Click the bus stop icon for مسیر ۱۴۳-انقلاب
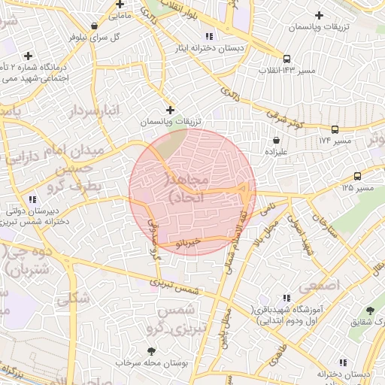point(286,59)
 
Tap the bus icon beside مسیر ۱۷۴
point(335,129)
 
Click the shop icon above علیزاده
point(277,140)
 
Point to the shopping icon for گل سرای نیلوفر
point(94,26)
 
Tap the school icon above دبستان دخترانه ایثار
point(208,36)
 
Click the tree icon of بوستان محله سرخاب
point(152,350)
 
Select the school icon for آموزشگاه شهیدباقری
point(286,299)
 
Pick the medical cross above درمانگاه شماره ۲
point(29,55)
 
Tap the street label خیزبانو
point(185,244)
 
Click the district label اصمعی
point(320,286)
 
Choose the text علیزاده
point(277,151)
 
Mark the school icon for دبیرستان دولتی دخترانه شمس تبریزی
point(32,199)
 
